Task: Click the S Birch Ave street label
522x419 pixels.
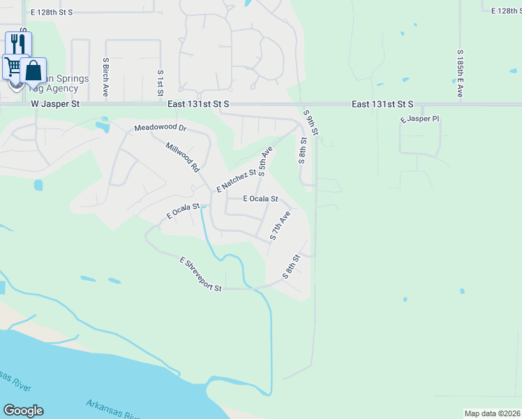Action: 106,76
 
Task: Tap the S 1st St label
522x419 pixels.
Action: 161,82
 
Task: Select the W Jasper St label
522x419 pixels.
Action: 57,103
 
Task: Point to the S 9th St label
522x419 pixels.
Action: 311,122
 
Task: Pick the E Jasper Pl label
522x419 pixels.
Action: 419,120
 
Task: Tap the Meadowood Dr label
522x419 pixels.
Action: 161,128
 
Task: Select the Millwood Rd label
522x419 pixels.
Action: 183,157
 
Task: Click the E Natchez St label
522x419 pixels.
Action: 237,180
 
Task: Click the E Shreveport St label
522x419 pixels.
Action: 201,274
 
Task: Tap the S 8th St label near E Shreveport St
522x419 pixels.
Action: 291,267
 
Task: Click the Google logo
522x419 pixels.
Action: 23,411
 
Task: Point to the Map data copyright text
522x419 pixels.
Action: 492,413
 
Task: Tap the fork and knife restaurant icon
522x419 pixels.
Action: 17,43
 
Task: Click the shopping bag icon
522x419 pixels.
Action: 33,70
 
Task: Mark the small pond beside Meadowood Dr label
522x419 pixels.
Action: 103,126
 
